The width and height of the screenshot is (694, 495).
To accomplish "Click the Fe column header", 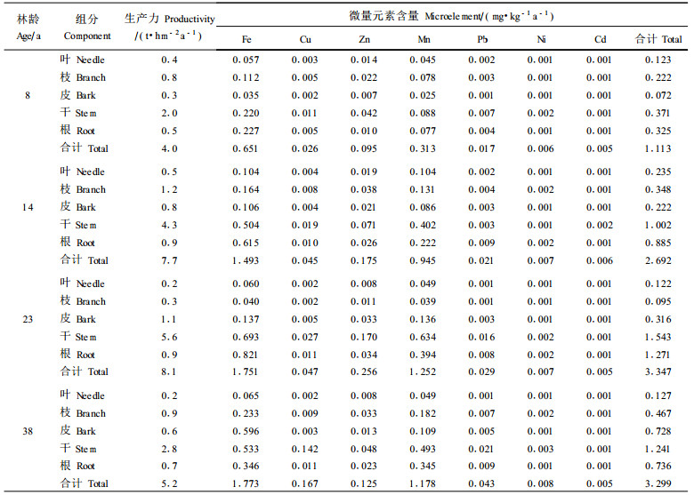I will tap(246, 40).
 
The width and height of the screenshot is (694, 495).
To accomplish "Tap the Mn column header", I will tap(424, 40).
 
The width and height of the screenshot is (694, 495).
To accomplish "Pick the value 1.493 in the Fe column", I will tap(246, 260).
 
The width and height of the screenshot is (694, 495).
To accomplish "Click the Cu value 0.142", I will tap(306, 448).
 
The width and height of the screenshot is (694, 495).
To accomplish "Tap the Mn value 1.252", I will tap(424, 371).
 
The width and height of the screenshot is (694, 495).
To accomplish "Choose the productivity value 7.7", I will tap(169, 260).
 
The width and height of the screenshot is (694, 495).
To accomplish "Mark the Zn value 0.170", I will tap(366, 337).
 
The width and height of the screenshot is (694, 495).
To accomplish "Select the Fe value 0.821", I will tap(246, 355).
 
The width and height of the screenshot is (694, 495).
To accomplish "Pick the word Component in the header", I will tap(87, 36).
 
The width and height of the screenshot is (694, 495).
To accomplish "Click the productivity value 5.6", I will tap(169, 337).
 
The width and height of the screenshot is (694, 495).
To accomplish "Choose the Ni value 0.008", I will tap(541, 483).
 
